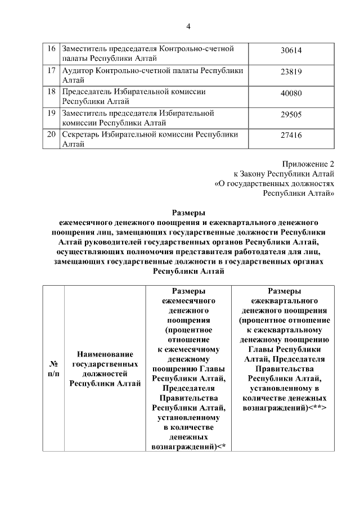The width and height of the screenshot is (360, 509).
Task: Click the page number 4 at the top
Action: coord(188,26)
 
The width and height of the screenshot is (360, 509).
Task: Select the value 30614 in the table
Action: coord(291,51)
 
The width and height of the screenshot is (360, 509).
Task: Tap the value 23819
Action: coord(291,71)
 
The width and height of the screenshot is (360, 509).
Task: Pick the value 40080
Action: coord(291,93)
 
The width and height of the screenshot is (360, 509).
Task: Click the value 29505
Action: coord(291,114)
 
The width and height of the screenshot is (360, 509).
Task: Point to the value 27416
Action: coord(291,136)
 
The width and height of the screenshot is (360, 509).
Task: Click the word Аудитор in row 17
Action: coord(78,70)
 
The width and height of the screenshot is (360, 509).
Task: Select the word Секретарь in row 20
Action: coord(82,134)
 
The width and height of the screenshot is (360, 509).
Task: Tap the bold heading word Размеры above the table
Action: coord(188,213)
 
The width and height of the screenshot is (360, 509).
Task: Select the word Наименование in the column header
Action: coord(105,354)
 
